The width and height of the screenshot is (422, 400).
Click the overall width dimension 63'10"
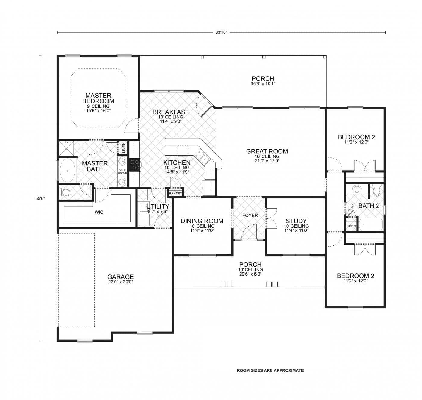(x=221, y=33)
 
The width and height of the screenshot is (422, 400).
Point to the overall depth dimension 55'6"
(x=40, y=198)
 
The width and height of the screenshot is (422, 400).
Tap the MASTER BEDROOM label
(x=98, y=98)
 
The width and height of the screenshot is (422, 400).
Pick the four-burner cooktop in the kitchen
(x=135, y=165)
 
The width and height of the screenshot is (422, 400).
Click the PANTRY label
(x=175, y=193)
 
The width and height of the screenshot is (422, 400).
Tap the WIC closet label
(x=99, y=212)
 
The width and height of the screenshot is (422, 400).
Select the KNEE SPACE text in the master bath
(x=122, y=171)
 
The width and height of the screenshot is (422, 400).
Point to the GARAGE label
(x=120, y=277)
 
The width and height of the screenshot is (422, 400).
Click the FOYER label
(x=250, y=215)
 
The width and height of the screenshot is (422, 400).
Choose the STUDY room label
(x=296, y=221)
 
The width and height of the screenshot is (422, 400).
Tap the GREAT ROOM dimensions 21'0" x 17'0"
(x=267, y=161)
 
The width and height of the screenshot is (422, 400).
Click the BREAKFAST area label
(x=171, y=112)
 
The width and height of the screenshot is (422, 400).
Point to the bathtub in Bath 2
(x=370, y=225)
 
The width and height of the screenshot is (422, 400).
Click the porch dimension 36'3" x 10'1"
(x=263, y=84)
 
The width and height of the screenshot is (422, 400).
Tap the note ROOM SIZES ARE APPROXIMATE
(x=270, y=370)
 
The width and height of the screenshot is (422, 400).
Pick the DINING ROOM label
(x=202, y=221)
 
